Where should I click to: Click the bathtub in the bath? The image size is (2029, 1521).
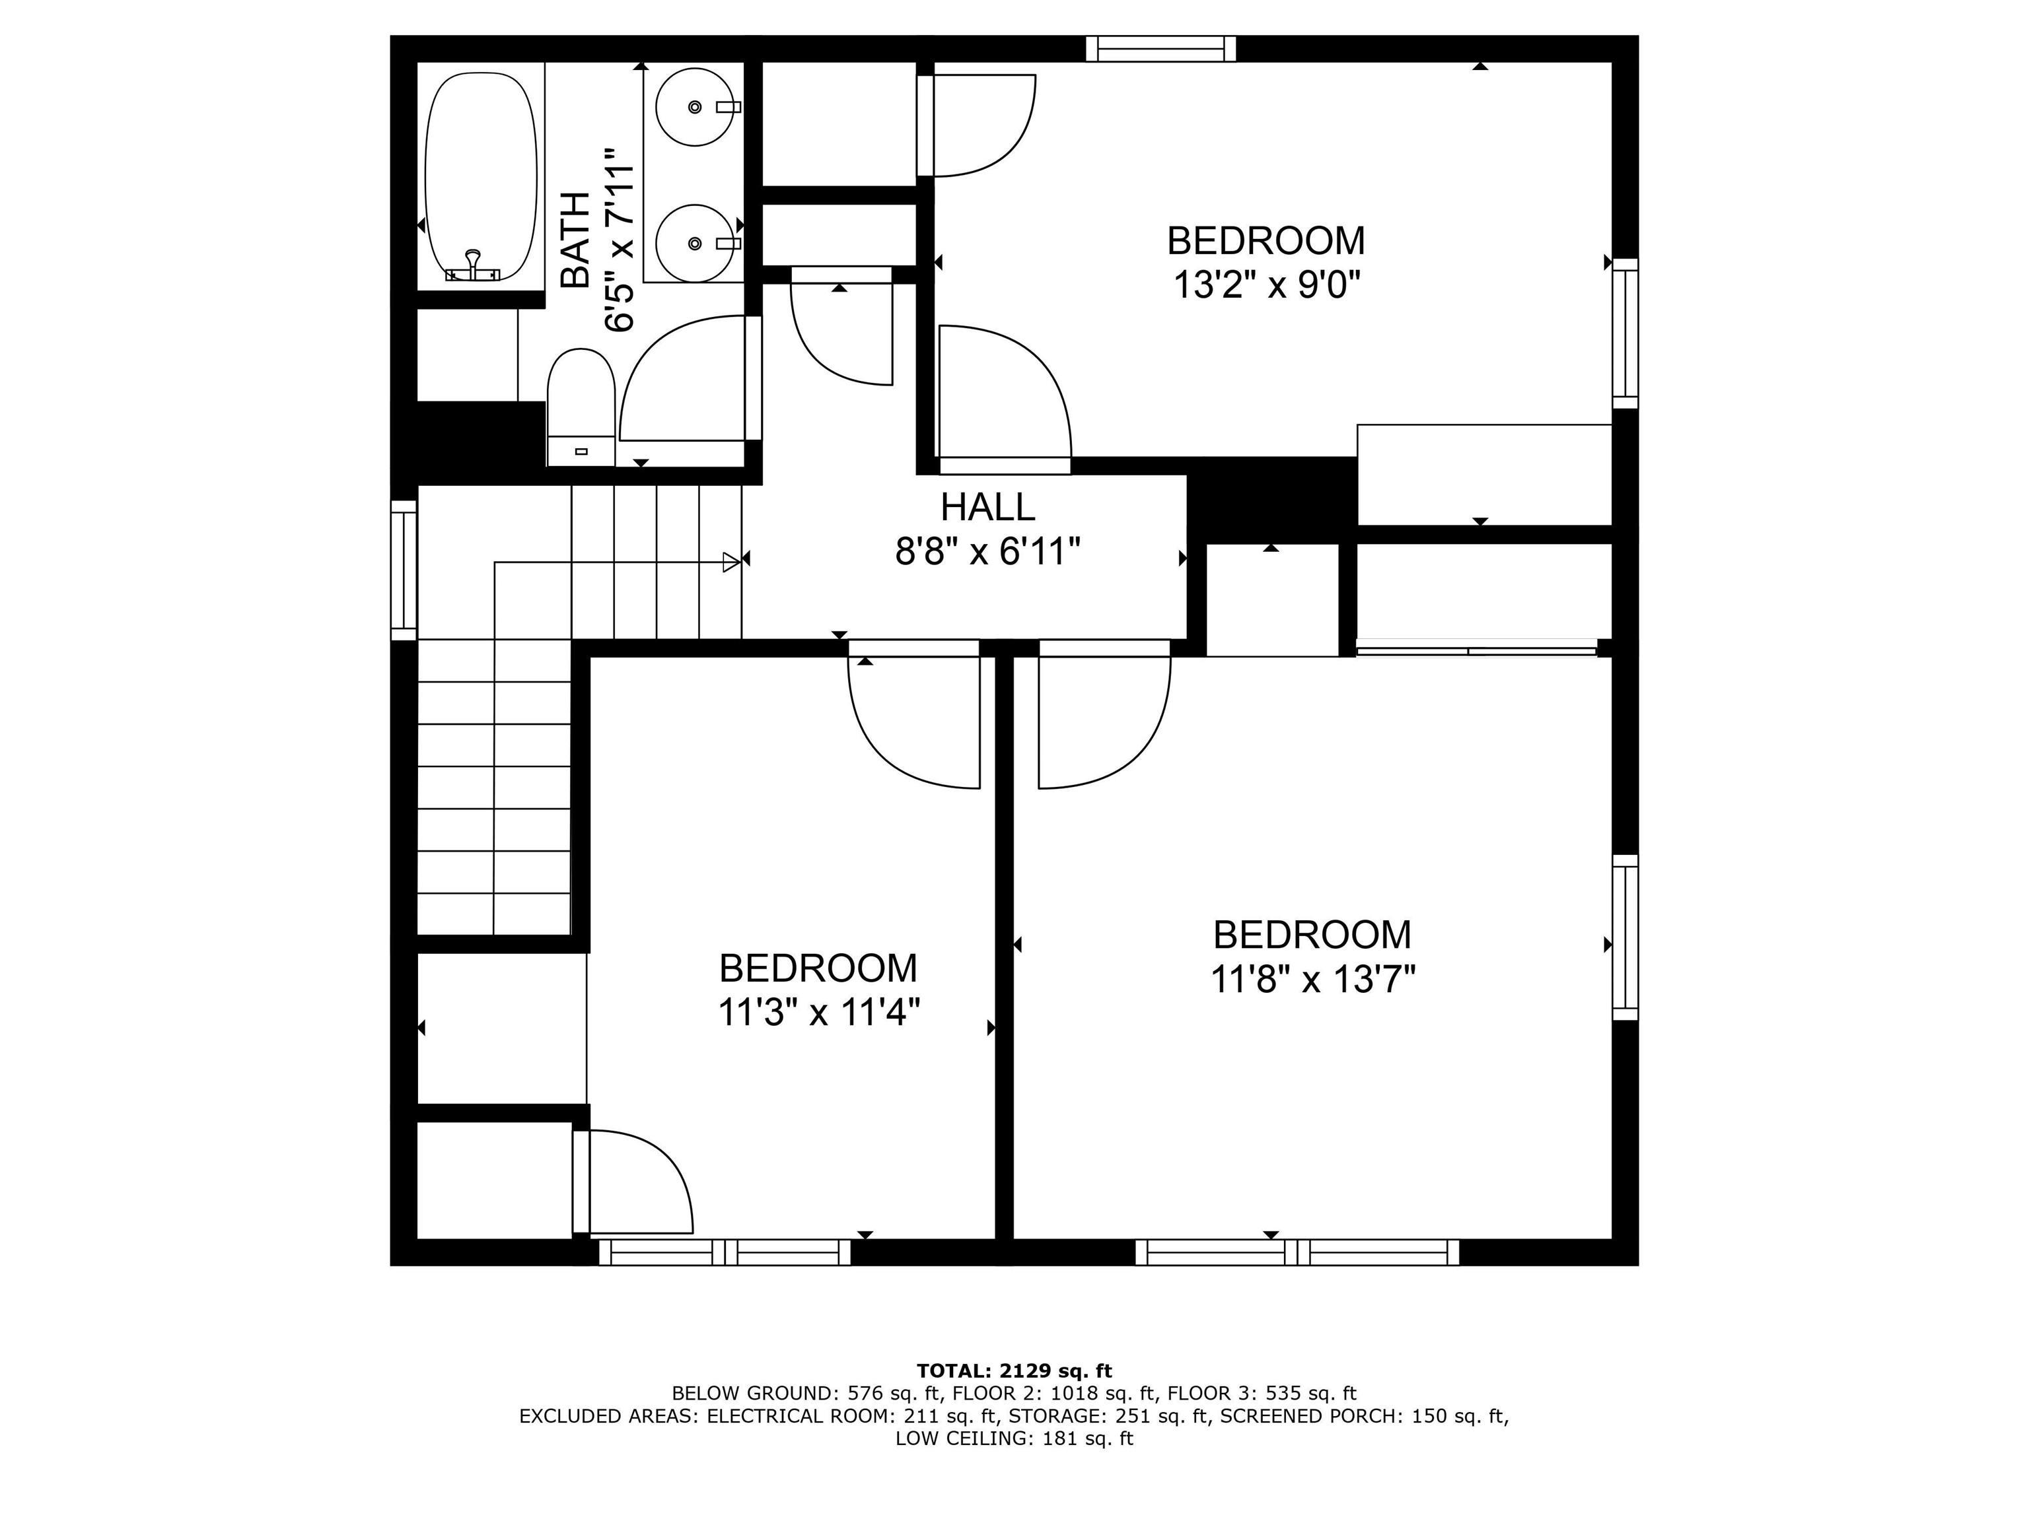(x=481, y=177)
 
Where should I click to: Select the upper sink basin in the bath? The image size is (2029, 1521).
(x=695, y=107)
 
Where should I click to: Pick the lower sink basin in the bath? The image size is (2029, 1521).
(x=695, y=243)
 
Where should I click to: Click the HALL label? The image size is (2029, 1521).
(x=988, y=507)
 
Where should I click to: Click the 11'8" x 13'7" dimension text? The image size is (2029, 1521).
(x=1312, y=980)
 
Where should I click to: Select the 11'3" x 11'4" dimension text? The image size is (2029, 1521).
(x=818, y=1013)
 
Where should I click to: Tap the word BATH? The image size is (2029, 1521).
(x=575, y=240)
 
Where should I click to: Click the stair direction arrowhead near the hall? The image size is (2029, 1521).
(x=732, y=562)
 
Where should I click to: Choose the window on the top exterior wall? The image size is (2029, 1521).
(x=1161, y=49)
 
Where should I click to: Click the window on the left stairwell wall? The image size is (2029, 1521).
(x=404, y=570)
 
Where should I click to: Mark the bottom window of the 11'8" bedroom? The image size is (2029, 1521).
(x=1297, y=1252)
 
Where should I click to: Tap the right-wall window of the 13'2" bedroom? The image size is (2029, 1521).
(x=1625, y=334)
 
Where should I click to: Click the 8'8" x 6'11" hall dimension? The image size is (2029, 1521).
(x=988, y=552)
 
